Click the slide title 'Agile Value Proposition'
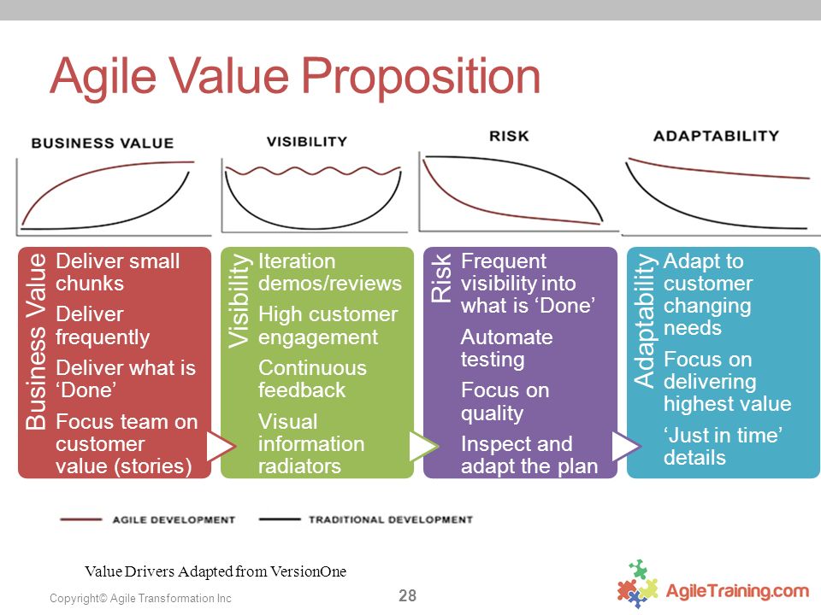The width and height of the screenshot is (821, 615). (x=295, y=76)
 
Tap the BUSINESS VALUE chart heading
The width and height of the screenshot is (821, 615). (x=103, y=143)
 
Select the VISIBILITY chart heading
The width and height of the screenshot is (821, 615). (x=307, y=141)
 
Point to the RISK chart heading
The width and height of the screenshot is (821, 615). (x=509, y=136)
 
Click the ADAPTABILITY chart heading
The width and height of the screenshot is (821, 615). (x=717, y=136)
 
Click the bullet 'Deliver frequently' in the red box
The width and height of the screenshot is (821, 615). (x=102, y=325)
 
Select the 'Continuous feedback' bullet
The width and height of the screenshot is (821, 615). (x=312, y=378)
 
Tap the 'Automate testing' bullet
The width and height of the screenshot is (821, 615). (x=506, y=348)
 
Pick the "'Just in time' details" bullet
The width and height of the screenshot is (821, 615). (x=723, y=446)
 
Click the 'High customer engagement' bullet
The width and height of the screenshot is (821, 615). (x=328, y=325)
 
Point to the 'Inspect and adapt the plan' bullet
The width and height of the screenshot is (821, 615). (x=529, y=454)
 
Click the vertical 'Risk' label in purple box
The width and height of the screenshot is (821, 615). (x=441, y=278)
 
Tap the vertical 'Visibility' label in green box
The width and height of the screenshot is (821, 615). (x=239, y=301)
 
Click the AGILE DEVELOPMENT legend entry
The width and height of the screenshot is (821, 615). (x=148, y=520)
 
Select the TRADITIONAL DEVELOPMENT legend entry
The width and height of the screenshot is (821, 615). (x=365, y=520)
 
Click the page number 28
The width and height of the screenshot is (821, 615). (x=407, y=595)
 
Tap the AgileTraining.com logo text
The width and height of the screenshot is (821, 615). (x=737, y=591)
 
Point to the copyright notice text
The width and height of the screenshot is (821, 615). (x=140, y=598)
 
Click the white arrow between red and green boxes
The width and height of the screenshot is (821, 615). (x=221, y=446)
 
